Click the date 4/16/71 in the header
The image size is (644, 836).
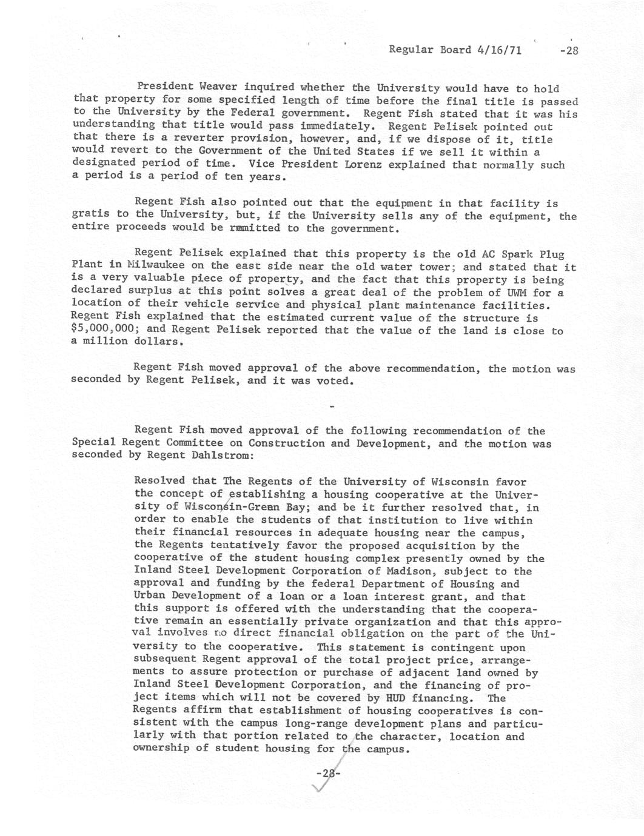click(500, 50)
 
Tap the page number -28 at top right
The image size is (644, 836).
click(569, 51)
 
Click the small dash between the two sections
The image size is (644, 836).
click(331, 406)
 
